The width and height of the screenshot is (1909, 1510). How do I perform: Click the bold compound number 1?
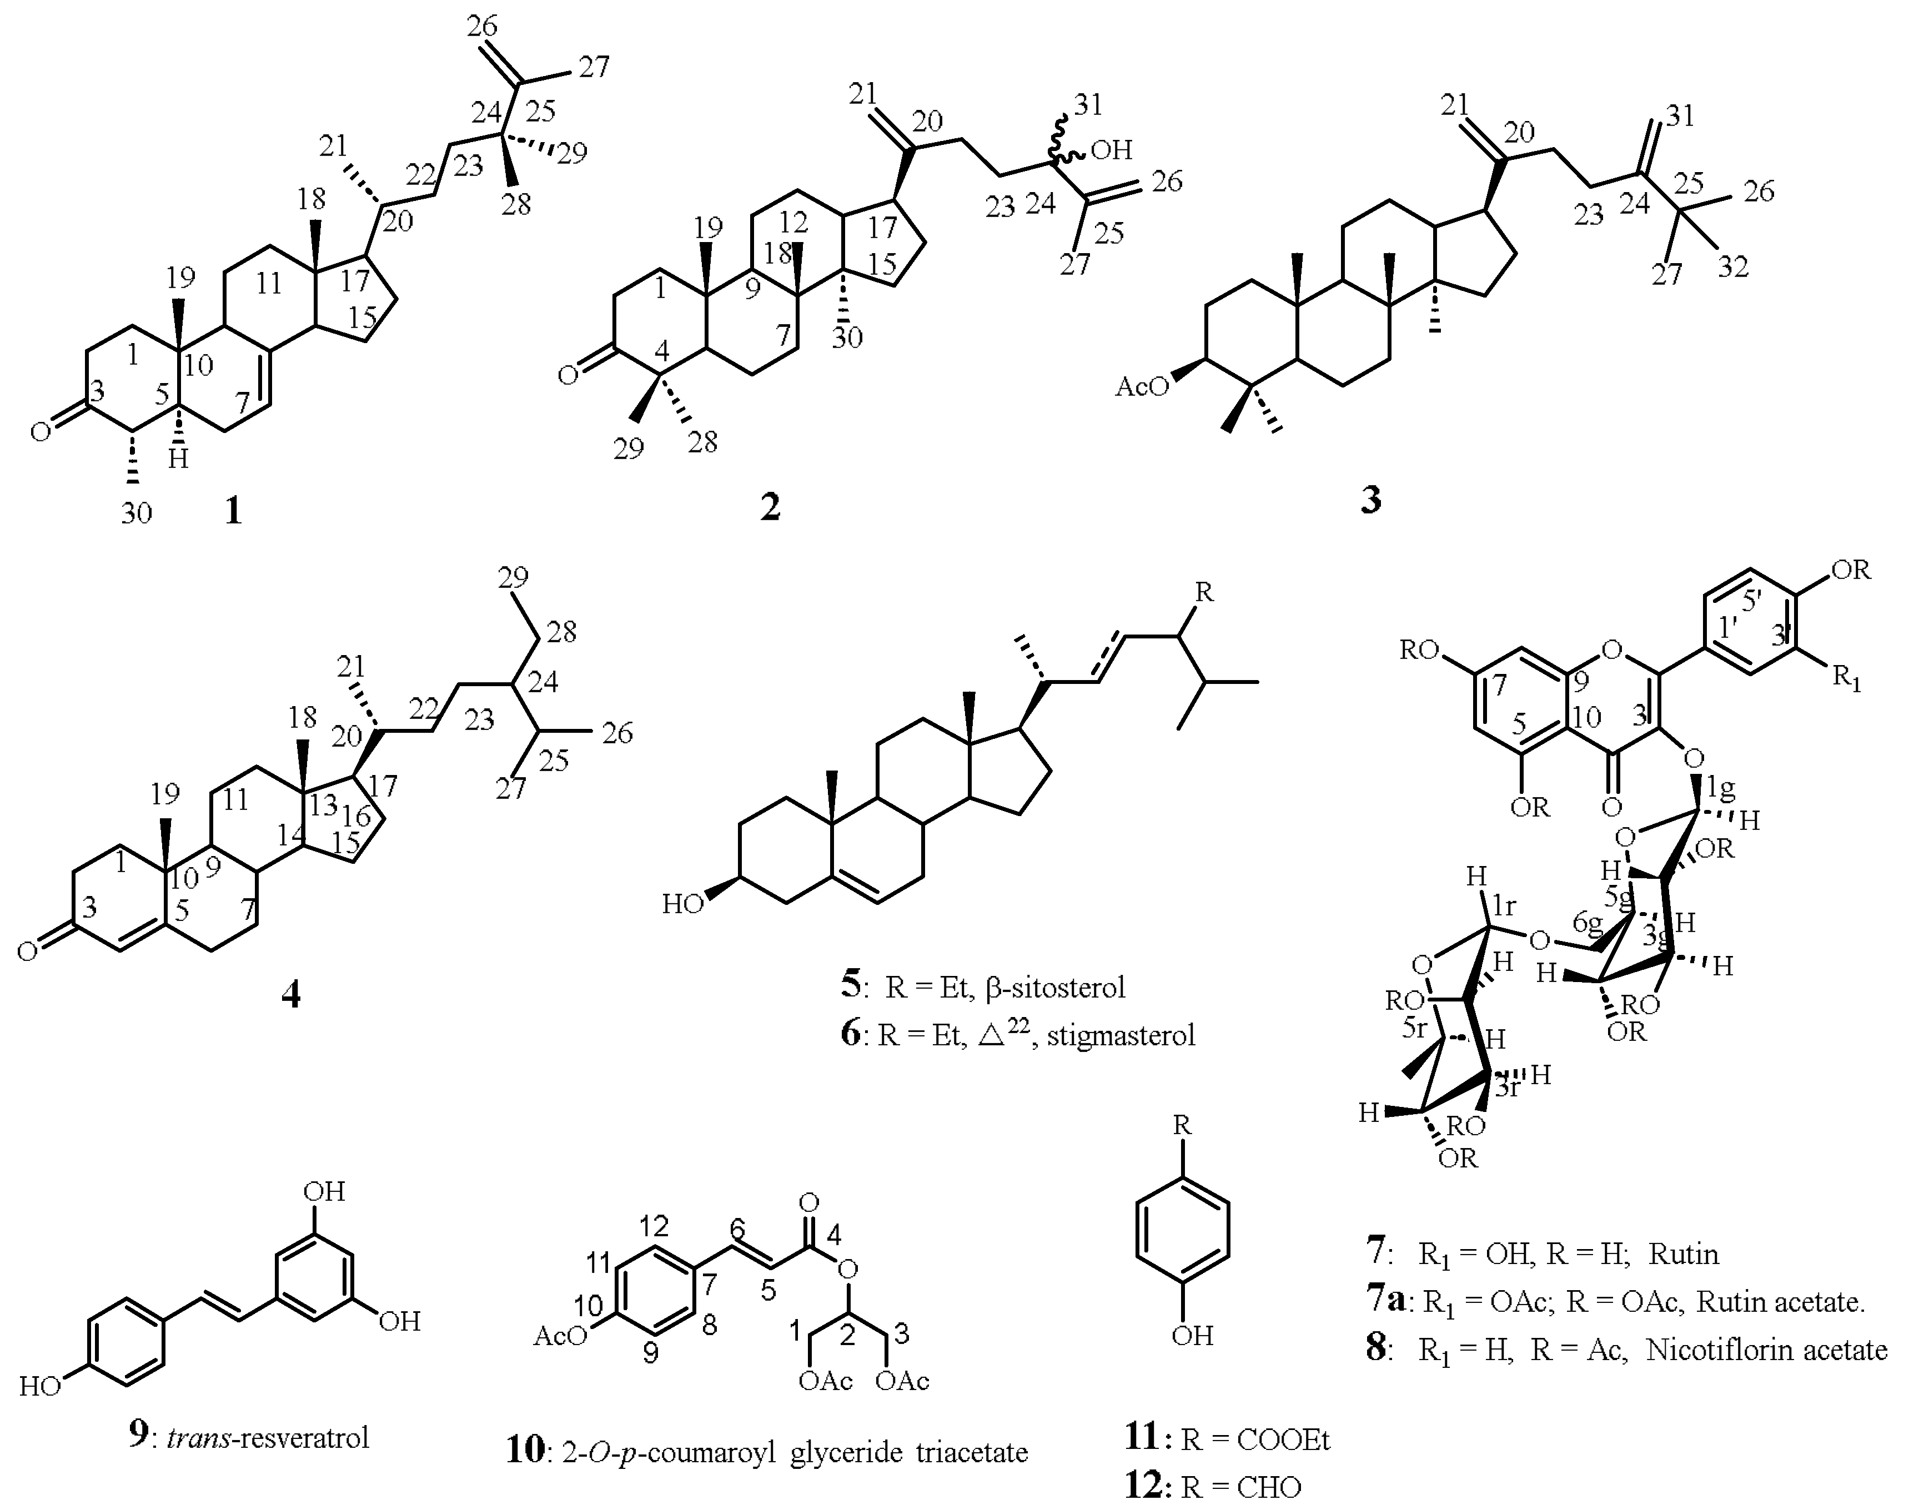pos(233,510)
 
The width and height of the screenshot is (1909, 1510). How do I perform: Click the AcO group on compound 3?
pos(1142,386)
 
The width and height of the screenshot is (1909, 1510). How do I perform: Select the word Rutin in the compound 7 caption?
pos(1684,1253)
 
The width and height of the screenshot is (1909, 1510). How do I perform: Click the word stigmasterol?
pos(1121,1034)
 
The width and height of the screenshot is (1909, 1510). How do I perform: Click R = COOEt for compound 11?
pos(1255,1440)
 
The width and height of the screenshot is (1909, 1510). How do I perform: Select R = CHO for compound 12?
pos(1240,1487)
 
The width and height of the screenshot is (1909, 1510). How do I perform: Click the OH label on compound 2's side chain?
pos(1111,150)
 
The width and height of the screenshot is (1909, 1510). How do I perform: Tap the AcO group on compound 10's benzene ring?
pos(561,1335)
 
